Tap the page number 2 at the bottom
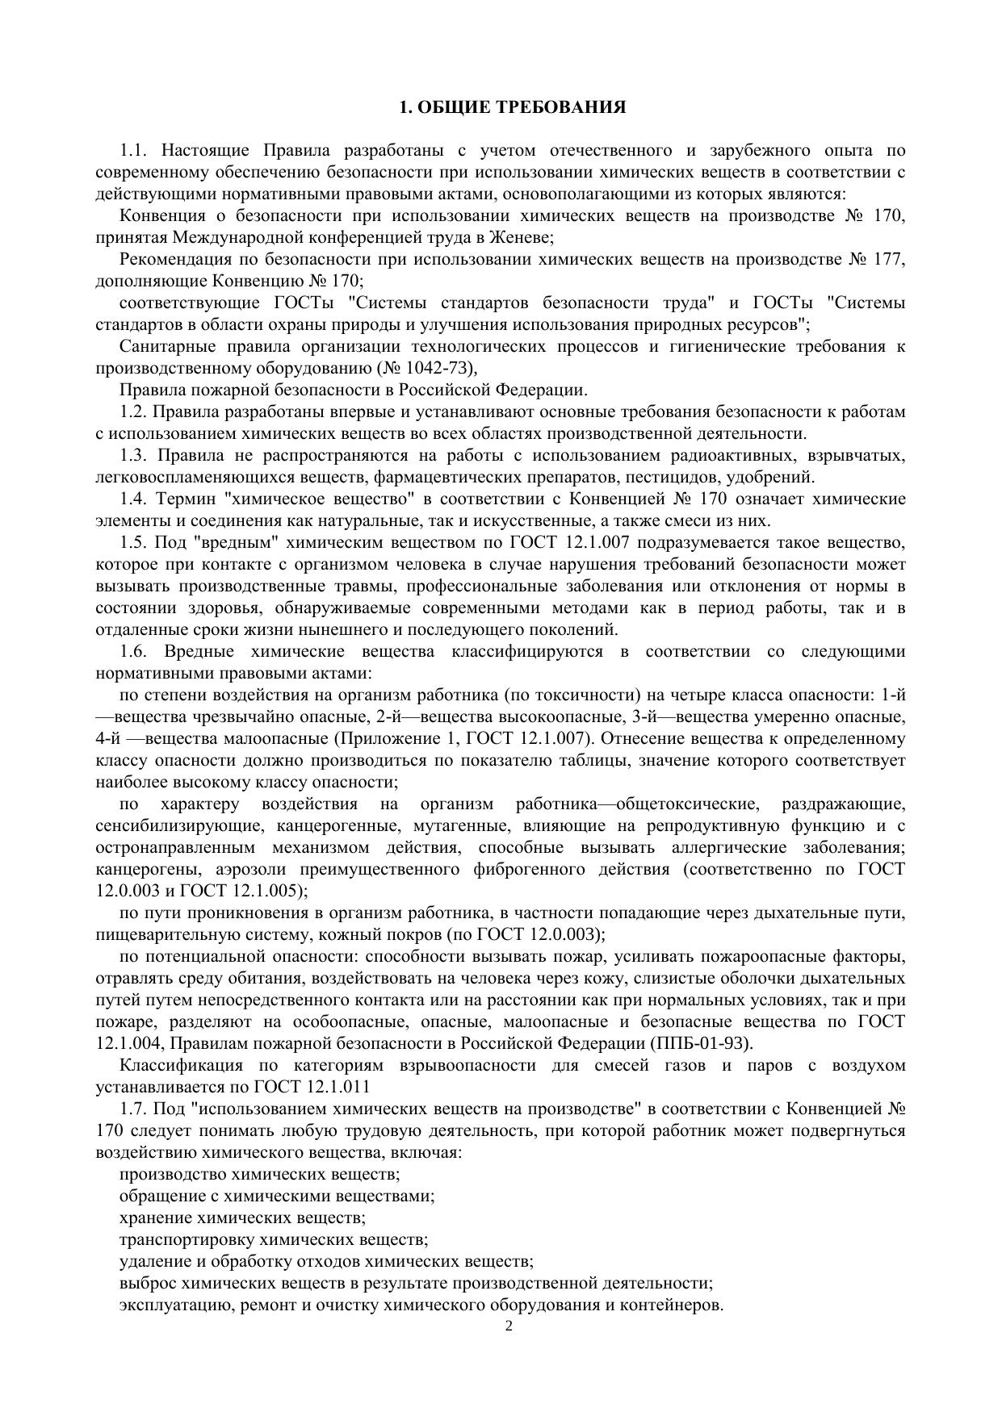click(x=509, y=1326)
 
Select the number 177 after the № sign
click(x=888, y=259)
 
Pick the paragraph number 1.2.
click(x=134, y=411)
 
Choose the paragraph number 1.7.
click(x=134, y=1109)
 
